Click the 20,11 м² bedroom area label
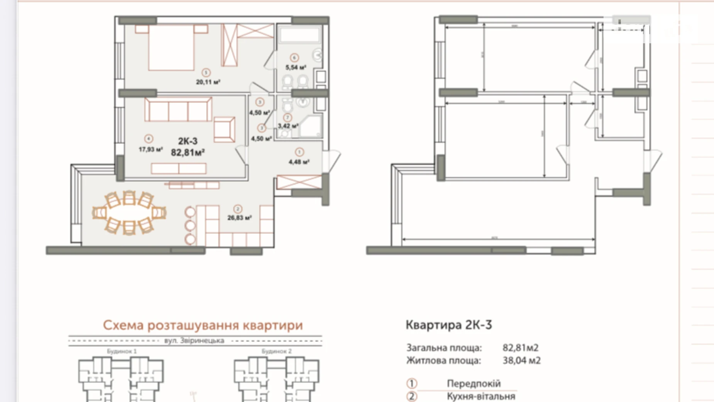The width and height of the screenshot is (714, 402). click(x=208, y=82)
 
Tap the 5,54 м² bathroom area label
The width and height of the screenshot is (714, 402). click(x=295, y=67)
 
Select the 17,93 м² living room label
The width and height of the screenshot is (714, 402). click(x=150, y=149)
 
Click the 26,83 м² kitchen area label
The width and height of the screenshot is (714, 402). click(x=239, y=218)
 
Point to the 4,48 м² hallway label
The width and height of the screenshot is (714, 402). click(x=299, y=162)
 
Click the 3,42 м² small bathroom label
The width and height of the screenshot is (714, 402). click(x=288, y=126)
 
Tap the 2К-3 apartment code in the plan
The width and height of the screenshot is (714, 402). click(x=188, y=141)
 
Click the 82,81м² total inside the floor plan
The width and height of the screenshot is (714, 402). click(x=188, y=153)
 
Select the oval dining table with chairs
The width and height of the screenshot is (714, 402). click(x=129, y=213)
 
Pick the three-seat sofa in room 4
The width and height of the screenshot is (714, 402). click(x=178, y=109)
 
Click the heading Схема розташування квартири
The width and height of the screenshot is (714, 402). click(x=203, y=325)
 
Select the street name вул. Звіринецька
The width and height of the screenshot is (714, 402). click(x=194, y=341)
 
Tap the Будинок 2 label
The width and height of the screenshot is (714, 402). click(x=276, y=351)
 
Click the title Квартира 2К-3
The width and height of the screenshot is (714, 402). click(x=448, y=325)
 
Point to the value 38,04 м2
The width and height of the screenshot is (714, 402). click(x=521, y=361)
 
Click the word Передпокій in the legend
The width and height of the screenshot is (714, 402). click(x=474, y=383)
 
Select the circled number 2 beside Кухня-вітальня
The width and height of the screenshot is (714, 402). click(x=412, y=396)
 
